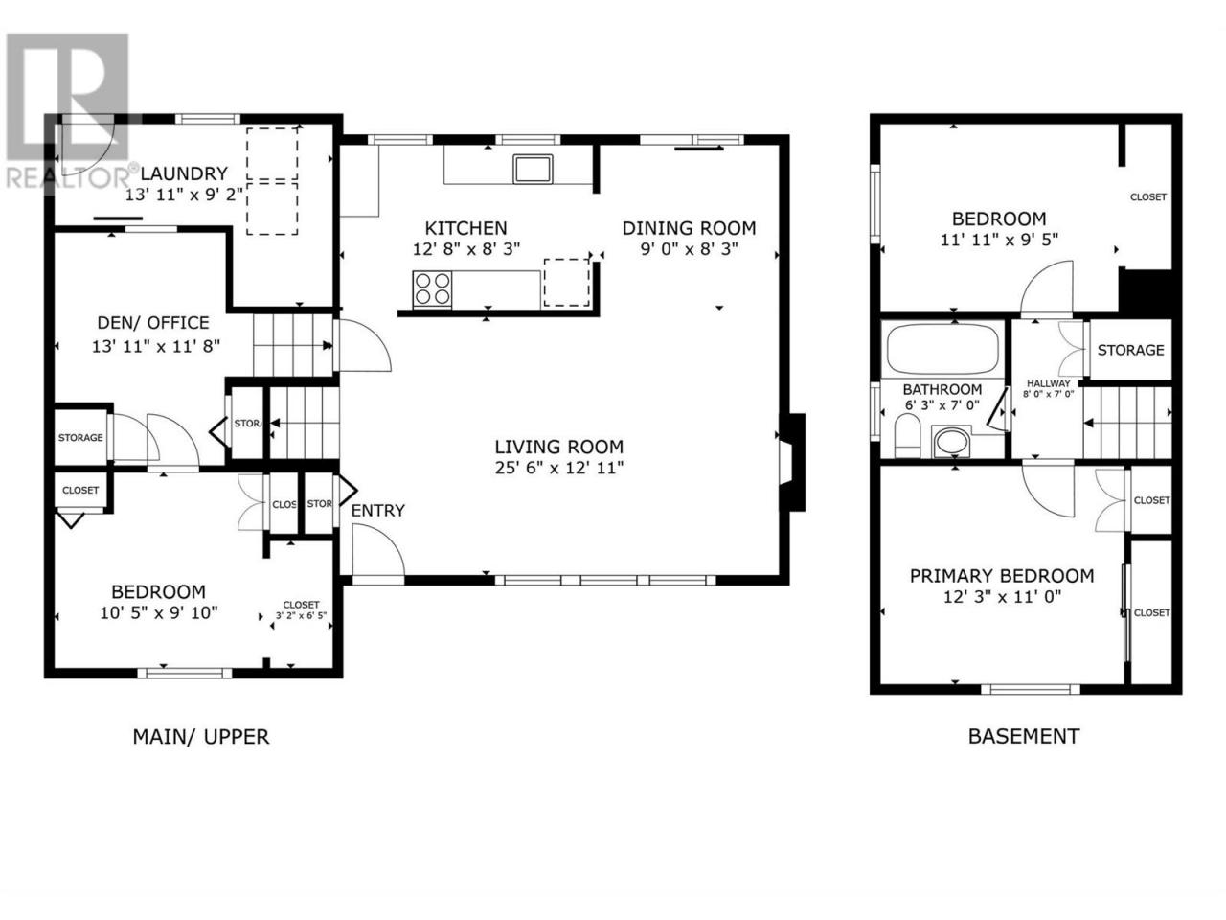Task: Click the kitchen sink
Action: pyautogui.click(x=533, y=169)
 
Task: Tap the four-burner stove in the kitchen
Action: pyautogui.click(x=432, y=288)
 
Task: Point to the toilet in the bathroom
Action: pyautogui.click(x=907, y=436)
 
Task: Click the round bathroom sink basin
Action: pyautogui.click(x=952, y=442)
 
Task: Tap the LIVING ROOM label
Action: pyautogui.click(x=558, y=447)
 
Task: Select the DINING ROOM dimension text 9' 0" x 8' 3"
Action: pyautogui.click(x=690, y=248)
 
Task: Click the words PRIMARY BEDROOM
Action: pyautogui.click(x=1002, y=576)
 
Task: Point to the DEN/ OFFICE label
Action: pyautogui.click(x=153, y=323)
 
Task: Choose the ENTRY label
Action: pyautogui.click(x=378, y=511)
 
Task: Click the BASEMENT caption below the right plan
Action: pyautogui.click(x=1024, y=736)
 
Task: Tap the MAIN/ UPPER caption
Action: pyautogui.click(x=201, y=737)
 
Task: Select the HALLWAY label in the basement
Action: pyautogui.click(x=1049, y=383)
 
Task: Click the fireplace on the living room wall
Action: pyautogui.click(x=792, y=463)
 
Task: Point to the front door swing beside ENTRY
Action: pyautogui.click(x=378, y=551)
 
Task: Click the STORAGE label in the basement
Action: pyautogui.click(x=1130, y=350)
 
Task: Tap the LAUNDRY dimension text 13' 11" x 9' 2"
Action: pyautogui.click(x=184, y=195)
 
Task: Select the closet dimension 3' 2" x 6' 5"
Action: pyautogui.click(x=301, y=616)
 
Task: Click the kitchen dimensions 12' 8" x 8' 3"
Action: pyautogui.click(x=466, y=248)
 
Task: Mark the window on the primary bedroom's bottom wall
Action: pyautogui.click(x=1031, y=689)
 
